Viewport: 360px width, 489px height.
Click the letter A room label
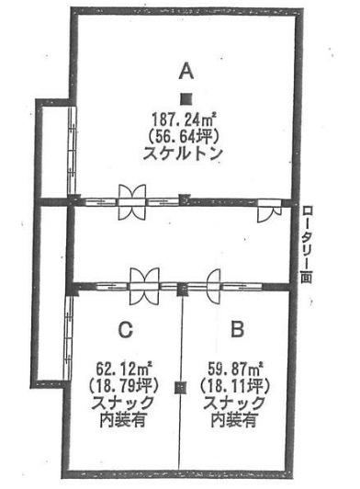pos(186,72)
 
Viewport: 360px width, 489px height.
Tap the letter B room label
pos(238,329)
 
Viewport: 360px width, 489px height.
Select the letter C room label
pos(126,330)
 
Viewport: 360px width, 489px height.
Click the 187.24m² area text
pos(185,119)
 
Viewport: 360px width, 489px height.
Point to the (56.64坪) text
pos(185,136)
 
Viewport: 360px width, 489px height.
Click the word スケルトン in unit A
pos(183,154)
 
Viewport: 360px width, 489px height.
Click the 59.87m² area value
pos(236,370)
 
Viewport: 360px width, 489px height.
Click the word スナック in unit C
pos(122,403)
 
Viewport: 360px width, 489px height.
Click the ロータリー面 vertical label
pos(307,244)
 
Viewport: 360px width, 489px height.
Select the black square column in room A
pos(186,99)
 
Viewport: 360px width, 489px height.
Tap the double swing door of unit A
pos(132,202)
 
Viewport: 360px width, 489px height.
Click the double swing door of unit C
pos(144,287)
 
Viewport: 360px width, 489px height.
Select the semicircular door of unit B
pos(214,287)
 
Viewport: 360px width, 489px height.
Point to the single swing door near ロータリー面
pos(270,210)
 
